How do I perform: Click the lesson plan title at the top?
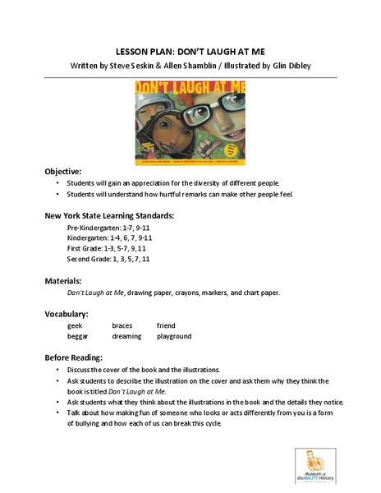click(190, 48)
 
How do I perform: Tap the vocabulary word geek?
click(76, 326)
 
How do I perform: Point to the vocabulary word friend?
click(165, 326)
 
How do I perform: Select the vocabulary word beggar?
click(80, 337)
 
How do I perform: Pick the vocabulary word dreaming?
click(126, 337)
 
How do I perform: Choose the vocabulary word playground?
click(173, 337)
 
